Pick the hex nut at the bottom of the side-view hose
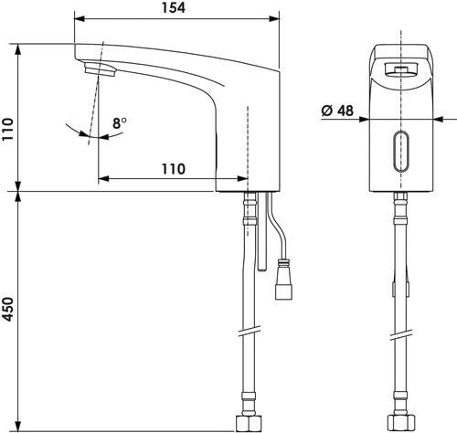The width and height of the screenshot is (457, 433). (245, 423)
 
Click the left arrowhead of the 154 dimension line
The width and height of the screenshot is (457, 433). (77, 18)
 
